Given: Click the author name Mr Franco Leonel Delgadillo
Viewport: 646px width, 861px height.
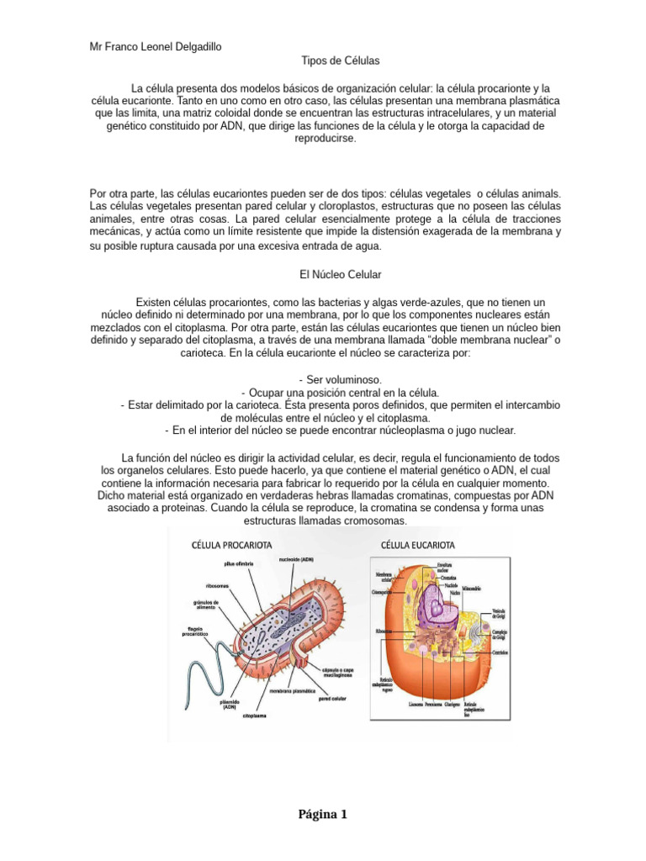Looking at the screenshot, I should pyautogui.click(x=156, y=47).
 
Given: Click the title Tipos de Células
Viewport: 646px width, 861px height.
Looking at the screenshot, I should pyautogui.click(x=340, y=61).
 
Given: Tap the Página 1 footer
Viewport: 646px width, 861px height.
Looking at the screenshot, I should pyautogui.click(x=322, y=815).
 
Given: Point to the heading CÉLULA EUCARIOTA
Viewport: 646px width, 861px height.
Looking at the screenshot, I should pyautogui.click(x=418, y=545).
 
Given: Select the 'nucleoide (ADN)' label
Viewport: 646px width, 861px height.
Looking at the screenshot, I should pyautogui.click(x=296, y=559).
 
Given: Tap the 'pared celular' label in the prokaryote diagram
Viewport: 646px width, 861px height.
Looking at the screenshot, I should pyautogui.click(x=334, y=698).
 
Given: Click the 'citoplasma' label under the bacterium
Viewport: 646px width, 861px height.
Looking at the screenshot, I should pyautogui.click(x=257, y=716).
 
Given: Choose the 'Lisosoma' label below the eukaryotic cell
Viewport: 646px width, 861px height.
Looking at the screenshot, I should pyautogui.click(x=416, y=704).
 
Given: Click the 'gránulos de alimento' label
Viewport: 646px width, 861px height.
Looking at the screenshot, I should pyautogui.click(x=206, y=605).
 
